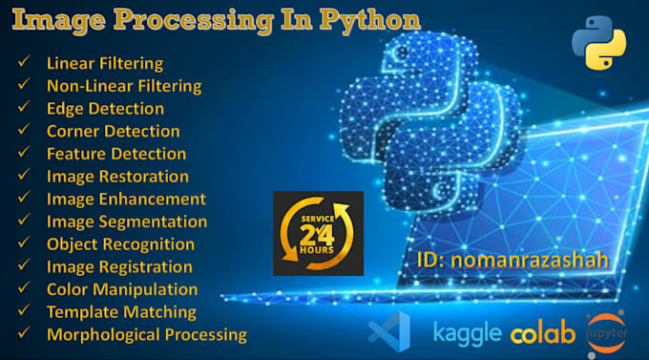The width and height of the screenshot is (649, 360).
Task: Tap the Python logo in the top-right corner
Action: click(598, 45)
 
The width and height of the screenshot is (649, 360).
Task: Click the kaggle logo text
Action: click(467, 332)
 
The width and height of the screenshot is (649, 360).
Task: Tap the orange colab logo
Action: click(543, 333)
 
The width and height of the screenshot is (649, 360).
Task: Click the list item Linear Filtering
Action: click(105, 64)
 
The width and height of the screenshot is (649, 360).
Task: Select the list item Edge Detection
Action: click(105, 109)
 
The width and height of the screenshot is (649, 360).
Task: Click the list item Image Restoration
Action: click(117, 177)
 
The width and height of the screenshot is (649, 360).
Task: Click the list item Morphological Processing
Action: click(146, 334)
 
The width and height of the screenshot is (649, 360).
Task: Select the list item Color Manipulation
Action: click(122, 289)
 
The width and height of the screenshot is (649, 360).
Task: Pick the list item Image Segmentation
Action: click(126, 222)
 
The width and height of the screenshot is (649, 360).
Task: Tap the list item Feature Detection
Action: click(116, 154)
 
